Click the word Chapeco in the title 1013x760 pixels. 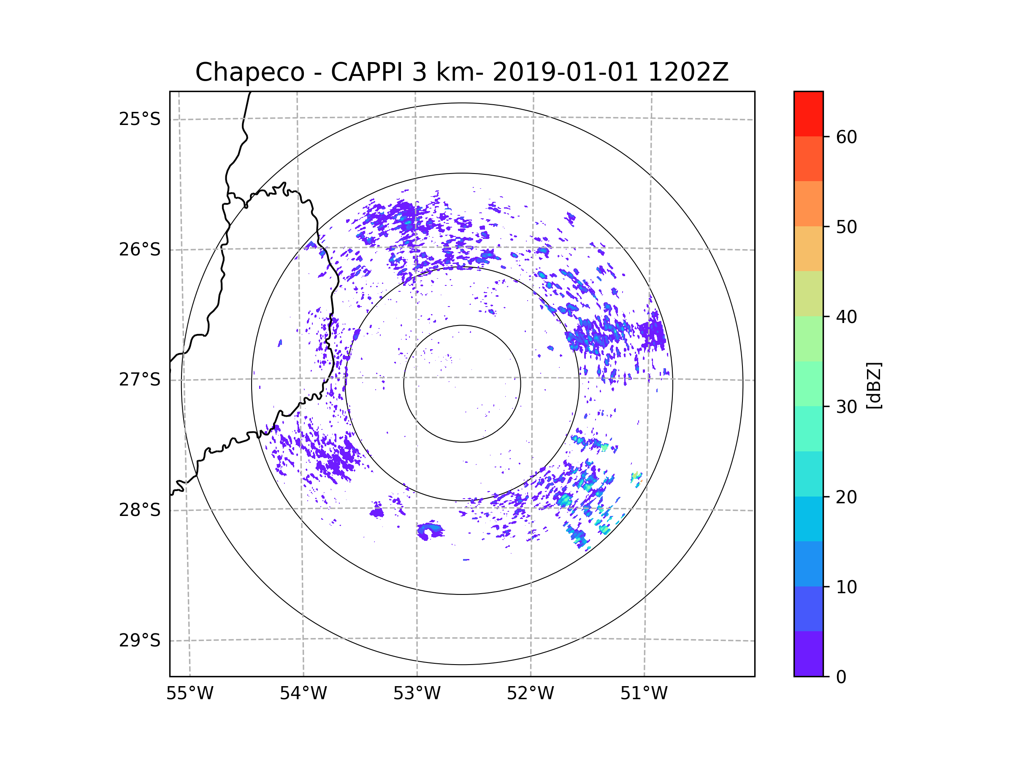(249, 72)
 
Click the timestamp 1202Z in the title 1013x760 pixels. (688, 72)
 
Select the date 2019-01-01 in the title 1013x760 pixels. (565, 72)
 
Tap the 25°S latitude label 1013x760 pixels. (140, 119)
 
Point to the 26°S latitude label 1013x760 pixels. (140, 250)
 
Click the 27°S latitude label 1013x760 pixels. (140, 380)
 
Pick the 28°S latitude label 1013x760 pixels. (140, 510)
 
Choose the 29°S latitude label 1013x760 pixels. (140, 641)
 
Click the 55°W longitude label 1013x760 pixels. (190, 694)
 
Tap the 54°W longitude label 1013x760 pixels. (303, 694)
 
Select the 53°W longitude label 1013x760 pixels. (417, 694)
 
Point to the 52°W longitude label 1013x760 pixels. (530, 694)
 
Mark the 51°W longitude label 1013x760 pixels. (644, 694)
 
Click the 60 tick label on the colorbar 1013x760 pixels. (846, 137)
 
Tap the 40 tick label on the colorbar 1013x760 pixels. (846, 317)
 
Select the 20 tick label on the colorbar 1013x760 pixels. (846, 497)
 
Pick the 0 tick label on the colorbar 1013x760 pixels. (841, 677)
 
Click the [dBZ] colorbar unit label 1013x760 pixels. (874, 385)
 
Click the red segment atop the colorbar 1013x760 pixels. (808, 114)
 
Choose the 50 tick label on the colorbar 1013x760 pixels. (846, 227)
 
